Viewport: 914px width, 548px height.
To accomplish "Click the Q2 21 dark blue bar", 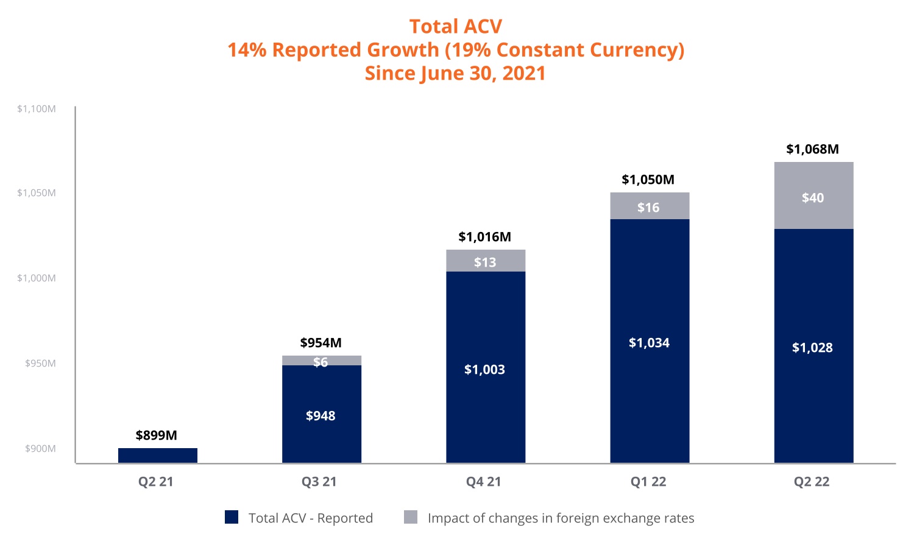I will pos(157,455).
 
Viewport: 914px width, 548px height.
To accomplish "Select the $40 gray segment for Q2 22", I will pos(813,196).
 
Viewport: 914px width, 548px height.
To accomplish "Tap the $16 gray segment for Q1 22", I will pos(650,206).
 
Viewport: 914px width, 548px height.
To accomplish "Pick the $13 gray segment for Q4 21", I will pos(486,261).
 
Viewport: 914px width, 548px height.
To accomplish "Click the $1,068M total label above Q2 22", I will pos(812,149).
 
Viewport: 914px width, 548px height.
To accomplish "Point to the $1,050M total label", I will pos(648,180).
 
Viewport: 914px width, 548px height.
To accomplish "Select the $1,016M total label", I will pos(484,237).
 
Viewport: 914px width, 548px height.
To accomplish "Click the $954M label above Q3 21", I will pos(321,343).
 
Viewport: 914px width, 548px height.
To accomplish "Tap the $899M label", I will pos(156,435).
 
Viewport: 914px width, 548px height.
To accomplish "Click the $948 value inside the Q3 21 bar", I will pos(321,416).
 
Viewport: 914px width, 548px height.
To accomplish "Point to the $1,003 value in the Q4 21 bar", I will pos(484,370).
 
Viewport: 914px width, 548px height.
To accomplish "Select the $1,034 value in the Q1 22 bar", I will pos(649,343).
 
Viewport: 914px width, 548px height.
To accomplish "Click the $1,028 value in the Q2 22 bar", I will pos(812,348).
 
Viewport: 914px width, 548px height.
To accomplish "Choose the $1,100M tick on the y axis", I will pos(37,109).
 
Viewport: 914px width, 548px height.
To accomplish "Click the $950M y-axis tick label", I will pos(40,364).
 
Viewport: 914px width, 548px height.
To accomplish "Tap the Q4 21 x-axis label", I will pos(484,482).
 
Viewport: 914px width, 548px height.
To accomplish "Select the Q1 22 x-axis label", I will pos(648,482).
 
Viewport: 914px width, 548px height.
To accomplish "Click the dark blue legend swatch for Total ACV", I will pos(232,518).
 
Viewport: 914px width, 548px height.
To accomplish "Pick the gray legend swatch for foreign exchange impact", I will pos(411,518).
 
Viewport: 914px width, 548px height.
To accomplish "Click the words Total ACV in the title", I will pos(456,26).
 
